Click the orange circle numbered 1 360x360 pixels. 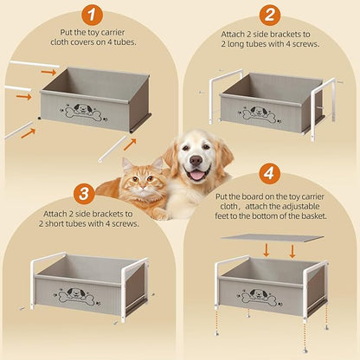(x=92, y=15)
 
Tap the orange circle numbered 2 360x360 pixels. (x=270, y=15)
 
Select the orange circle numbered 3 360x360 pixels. (x=84, y=194)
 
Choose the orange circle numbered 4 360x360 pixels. (x=269, y=174)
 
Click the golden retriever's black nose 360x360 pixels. (x=196, y=160)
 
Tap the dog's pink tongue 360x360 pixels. (x=197, y=175)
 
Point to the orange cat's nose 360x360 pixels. (x=142, y=189)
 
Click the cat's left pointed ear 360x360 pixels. (x=127, y=165)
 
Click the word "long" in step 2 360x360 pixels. (x=237, y=44)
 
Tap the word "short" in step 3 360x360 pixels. (x=55, y=223)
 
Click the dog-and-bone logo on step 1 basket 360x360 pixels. (x=84, y=112)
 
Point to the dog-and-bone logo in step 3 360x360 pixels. (x=77, y=296)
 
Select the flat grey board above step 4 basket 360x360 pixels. (x=273, y=238)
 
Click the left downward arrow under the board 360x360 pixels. (x=267, y=250)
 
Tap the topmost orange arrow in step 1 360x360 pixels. (x=48, y=72)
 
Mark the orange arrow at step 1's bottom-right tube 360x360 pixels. (x=130, y=145)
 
